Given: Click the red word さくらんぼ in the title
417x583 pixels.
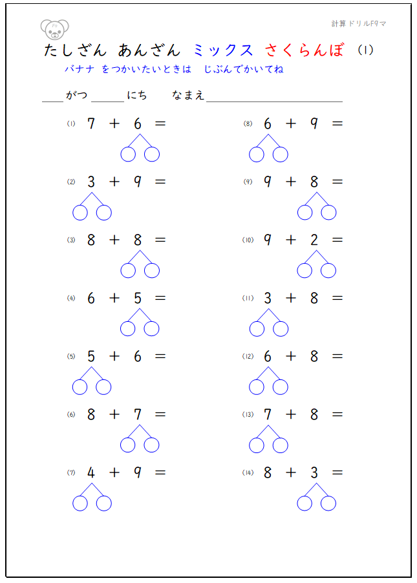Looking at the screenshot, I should (305, 50).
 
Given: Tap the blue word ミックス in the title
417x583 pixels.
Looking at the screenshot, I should (223, 50).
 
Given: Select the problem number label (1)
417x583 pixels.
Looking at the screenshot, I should (71, 123).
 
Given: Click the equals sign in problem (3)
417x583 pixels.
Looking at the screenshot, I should (160, 240).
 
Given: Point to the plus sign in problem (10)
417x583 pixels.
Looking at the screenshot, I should (291, 240).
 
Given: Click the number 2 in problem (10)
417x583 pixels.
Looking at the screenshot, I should (314, 240).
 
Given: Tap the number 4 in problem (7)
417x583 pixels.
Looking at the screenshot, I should (91, 472).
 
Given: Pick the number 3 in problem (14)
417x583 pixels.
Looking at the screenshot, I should (314, 472).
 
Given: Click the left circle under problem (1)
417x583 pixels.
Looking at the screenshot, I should (128, 154).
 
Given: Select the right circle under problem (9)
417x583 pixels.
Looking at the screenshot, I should (328, 212).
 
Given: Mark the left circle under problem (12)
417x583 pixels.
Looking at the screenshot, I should (257, 387).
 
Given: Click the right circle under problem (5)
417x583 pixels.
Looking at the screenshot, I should (103, 387).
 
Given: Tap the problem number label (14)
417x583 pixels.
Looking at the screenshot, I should (248, 472).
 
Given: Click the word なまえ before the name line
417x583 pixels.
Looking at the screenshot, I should (188, 96).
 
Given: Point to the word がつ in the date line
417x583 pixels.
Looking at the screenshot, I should (76, 96).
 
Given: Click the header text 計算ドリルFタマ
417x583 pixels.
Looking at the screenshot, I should (359, 24).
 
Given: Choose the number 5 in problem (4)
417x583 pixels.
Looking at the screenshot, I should (138, 298).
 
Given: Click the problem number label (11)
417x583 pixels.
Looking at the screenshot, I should (248, 298).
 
